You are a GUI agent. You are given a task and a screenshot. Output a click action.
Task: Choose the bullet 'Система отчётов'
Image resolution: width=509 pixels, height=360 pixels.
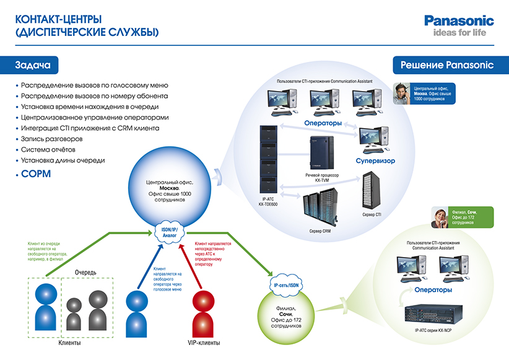click(x=48, y=149)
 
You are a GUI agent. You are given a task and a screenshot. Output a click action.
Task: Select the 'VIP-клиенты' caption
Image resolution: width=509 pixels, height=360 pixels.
click(x=203, y=343)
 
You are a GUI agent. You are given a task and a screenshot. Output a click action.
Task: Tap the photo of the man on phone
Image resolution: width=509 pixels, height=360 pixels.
click(x=402, y=92)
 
